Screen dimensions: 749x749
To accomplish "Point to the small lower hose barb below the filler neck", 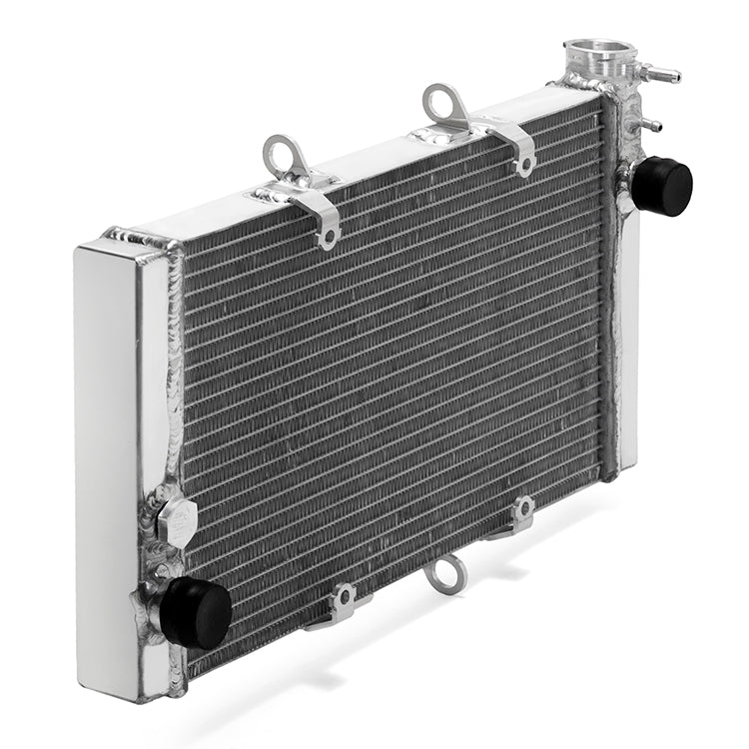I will (x=650, y=126).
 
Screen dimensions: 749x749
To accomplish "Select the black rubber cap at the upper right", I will (x=662, y=186).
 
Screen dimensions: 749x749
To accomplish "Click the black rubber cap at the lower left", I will (x=196, y=611).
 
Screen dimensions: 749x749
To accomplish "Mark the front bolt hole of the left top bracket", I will (x=326, y=237).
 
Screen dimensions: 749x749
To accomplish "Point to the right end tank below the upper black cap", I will (x=628, y=340).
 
